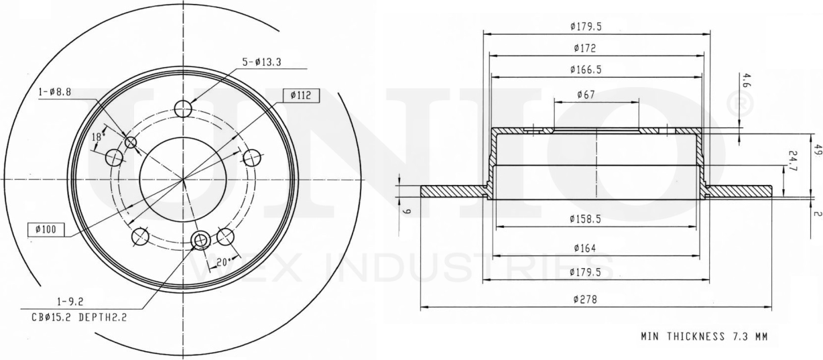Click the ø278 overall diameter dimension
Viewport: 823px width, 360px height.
tap(585, 300)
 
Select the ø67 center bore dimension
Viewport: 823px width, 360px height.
tap(586, 95)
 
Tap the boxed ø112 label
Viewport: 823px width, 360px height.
tap(302, 95)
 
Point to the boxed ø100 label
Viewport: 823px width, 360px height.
tap(46, 230)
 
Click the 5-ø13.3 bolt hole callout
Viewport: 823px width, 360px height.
tap(261, 62)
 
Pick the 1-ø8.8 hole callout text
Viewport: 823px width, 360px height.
tap(55, 92)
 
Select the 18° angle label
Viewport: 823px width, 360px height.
tap(97, 137)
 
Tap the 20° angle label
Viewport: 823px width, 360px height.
tap(223, 262)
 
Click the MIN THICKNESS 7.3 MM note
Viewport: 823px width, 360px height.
tap(704, 337)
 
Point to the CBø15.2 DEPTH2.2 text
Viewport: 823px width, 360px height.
tap(79, 317)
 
